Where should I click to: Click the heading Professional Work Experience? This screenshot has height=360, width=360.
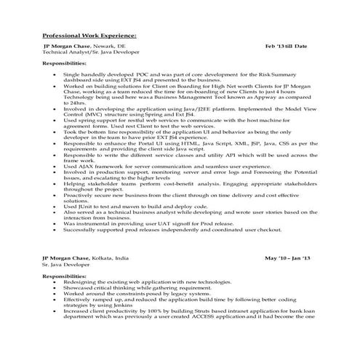88,34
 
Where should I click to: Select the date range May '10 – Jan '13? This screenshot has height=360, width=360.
287,258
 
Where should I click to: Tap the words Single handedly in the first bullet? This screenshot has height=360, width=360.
81,75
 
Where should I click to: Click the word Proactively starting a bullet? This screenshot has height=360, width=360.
79,195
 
